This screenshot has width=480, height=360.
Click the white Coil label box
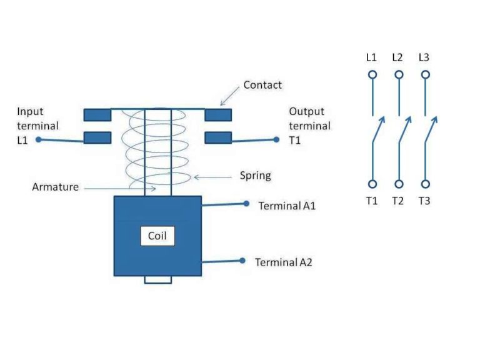(x=157, y=236)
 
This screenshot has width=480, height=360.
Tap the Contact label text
(x=262, y=84)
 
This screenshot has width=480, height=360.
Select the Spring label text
(x=255, y=176)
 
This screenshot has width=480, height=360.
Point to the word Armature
(x=55, y=186)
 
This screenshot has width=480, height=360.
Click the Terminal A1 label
(x=285, y=206)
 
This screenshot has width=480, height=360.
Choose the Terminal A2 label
(x=283, y=262)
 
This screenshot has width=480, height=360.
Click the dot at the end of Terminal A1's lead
(x=246, y=204)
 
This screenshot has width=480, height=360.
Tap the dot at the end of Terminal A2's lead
(x=242, y=261)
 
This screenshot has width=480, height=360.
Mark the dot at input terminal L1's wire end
(x=38, y=139)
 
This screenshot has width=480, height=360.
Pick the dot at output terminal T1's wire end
(x=276, y=139)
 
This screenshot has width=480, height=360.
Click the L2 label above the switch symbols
(x=397, y=57)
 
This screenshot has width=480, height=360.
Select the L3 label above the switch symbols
(x=424, y=57)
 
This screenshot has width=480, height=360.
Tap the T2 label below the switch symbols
(x=397, y=201)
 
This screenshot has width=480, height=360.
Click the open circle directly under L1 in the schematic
(x=372, y=74)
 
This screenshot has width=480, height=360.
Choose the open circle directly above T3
(x=425, y=184)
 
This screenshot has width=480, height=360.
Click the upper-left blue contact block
(x=97, y=114)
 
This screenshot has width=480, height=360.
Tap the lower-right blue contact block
(x=218, y=137)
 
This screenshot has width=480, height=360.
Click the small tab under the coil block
(x=157, y=279)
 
